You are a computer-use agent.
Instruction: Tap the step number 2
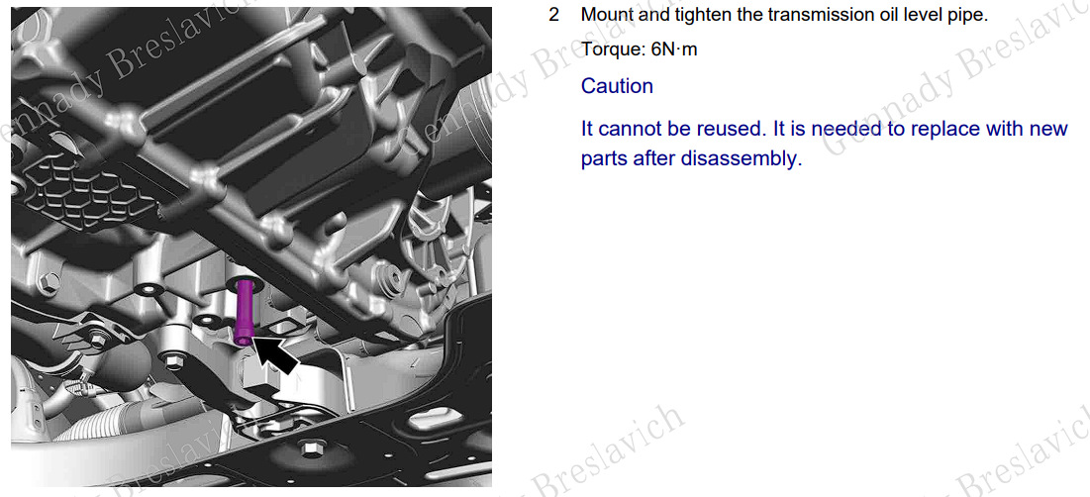coord(554,15)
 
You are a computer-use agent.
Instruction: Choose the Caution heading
coord(618,86)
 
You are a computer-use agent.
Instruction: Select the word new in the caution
coord(1046,130)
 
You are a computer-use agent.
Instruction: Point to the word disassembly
coord(742,159)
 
